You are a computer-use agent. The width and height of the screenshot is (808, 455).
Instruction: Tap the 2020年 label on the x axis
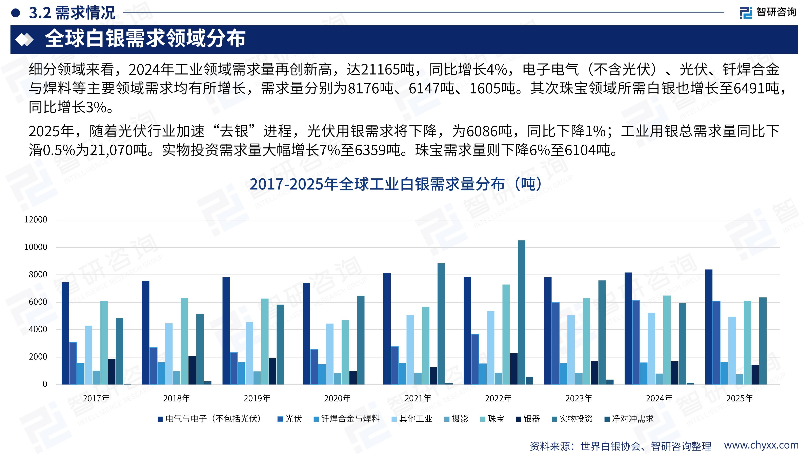[x=337, y=398]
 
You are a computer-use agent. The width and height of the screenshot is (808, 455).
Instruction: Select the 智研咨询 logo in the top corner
[x=768, y=13]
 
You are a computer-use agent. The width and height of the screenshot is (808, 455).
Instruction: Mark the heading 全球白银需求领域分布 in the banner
[x=145, y=39]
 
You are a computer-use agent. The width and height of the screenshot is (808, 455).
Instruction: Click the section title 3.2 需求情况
[x=72, y=13]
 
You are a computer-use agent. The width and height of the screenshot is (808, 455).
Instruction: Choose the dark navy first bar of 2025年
[x=708, y=327]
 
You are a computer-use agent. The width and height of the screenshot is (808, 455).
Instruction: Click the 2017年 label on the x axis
[x=96, y=398]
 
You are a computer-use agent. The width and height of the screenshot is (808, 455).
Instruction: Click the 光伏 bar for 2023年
[x=555, y=343]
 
